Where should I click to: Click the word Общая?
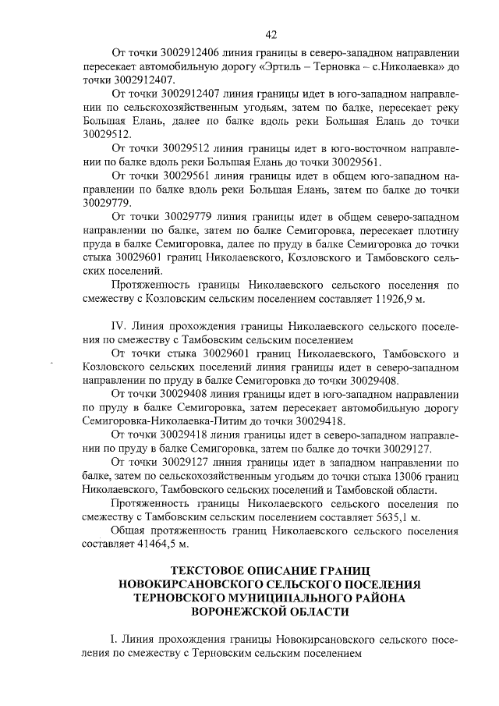pos(133,530)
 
